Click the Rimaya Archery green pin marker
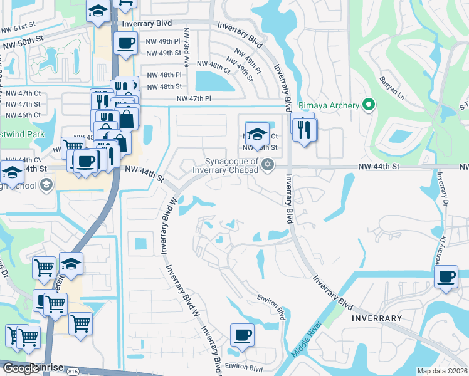pos(370,105)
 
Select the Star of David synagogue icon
pos(268,165)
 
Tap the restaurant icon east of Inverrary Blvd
pos(304,129)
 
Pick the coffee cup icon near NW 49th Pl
pos(126,43)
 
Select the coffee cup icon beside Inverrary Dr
pos(446,276)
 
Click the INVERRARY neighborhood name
pos(376,318)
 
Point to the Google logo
pos(20,368)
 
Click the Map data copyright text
pos(442,371)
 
